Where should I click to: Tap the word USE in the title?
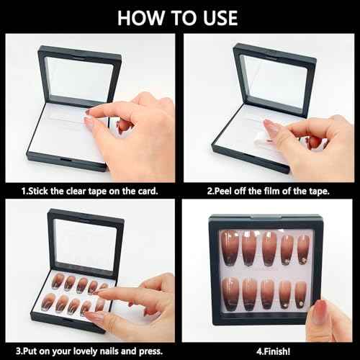click(220, 18)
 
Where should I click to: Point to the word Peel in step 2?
click(223, 192)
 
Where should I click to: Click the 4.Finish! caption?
click(273, 351)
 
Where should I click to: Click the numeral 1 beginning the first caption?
click(24, 192)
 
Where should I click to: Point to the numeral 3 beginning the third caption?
click(18, 351)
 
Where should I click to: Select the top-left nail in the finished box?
click(230, 248)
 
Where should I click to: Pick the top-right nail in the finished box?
click(304, 249)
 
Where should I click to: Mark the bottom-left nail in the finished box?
click(230, 294)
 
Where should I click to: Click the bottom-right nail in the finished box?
click(301, 294)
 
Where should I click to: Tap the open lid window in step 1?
click(79, 78)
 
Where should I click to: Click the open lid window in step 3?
click(86, 244)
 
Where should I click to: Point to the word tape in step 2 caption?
click(319, 192)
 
